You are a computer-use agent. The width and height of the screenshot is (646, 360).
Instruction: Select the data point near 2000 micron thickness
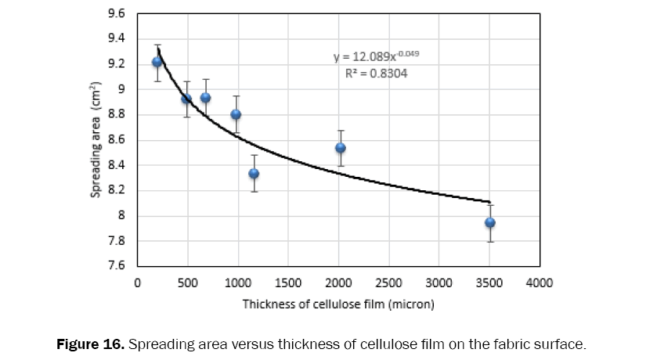tap(341, 148)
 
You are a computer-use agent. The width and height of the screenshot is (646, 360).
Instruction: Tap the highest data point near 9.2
tap(157, 62)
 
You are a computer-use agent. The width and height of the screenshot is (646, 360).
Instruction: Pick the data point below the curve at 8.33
tap(254, 173)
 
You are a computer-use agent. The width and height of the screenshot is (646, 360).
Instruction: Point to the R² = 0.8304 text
tap(376, 74)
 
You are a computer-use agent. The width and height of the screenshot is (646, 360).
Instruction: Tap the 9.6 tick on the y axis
tap(116, 13)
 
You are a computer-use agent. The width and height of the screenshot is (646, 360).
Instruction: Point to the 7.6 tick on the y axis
tap(116, 266)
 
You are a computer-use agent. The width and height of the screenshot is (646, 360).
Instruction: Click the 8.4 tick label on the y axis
tap(116, 165)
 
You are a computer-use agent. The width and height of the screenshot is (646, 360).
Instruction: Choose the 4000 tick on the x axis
tap(540, 283)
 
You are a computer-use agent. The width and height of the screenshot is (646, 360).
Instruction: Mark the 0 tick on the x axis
tap(138, 283)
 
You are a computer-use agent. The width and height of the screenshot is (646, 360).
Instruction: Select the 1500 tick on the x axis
tap(288, 283)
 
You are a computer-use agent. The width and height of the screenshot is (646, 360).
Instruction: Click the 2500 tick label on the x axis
tap(389, 283)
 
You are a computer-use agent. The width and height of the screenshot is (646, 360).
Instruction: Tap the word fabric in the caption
tap(503, 344)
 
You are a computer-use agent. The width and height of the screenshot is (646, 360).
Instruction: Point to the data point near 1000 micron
tap(236, 114)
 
